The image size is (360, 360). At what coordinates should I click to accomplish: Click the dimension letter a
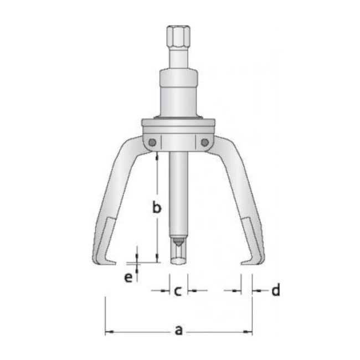178,330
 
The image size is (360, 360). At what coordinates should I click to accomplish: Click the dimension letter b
157,208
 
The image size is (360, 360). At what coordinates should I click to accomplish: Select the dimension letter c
178,290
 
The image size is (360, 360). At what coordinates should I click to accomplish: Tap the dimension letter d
275,290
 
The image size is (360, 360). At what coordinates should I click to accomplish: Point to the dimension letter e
128,277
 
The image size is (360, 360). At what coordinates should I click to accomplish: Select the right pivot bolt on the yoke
205,142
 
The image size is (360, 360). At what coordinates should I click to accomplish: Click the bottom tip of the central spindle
178,260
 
